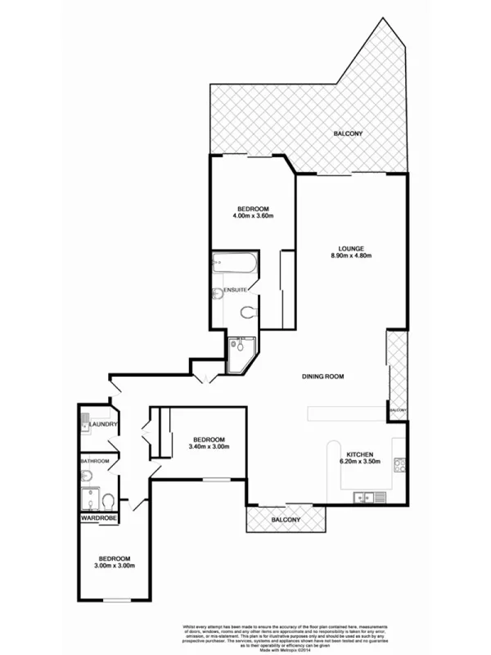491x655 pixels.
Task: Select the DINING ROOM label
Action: coord(322,377)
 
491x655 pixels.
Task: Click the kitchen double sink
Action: coord(365,495)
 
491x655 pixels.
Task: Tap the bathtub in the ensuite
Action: coord(233,265)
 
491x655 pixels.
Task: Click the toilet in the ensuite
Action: coord(249,310)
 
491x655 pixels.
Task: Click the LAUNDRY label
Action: coord(105,424)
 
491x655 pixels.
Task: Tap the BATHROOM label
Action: coord(94,461)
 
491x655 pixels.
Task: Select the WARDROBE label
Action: coord(98,518)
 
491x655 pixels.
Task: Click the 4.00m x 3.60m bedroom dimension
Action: coord(253,216)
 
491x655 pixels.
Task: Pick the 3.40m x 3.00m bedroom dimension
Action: coord(209,446)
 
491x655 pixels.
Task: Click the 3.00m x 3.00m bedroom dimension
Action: coord(113,566)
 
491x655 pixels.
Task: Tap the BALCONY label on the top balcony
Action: coord(348,133)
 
